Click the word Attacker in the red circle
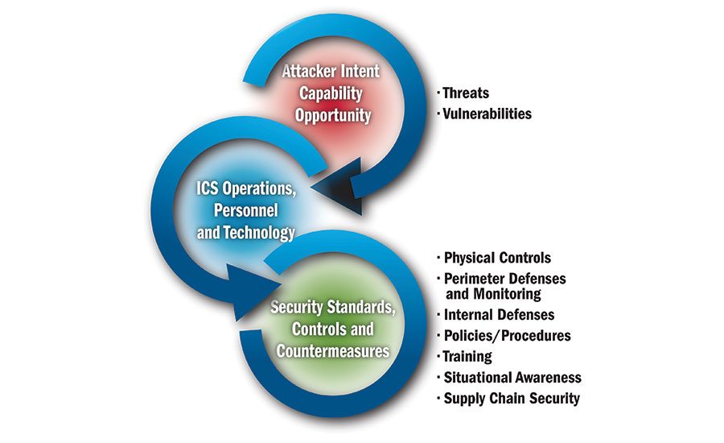[306, 71]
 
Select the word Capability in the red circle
[331, 93]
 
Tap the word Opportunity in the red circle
[333, 115]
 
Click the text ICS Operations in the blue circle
[245, 188]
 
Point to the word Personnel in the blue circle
[245, 210]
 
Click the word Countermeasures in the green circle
[333, 351]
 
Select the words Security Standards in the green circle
[332, 307]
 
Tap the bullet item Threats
[466, 93]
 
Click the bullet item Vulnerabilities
[487, 114]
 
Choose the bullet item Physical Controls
[497, 258]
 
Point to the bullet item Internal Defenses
[499, 315]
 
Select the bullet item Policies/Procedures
[508, 336]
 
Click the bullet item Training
[467, 357]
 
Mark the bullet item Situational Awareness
[512, 377]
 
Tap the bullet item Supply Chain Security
[512, 399]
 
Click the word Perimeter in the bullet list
[471, 279]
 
